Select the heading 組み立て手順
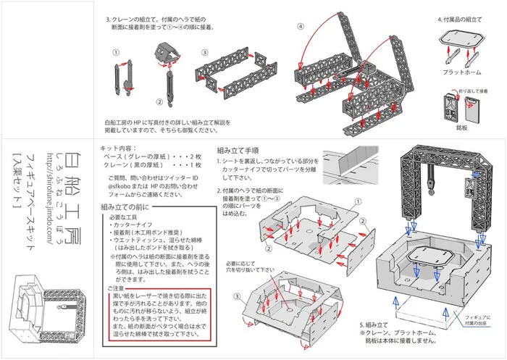pos(240,151)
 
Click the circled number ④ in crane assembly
pos(300,27)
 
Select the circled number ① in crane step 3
pos(115,53)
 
